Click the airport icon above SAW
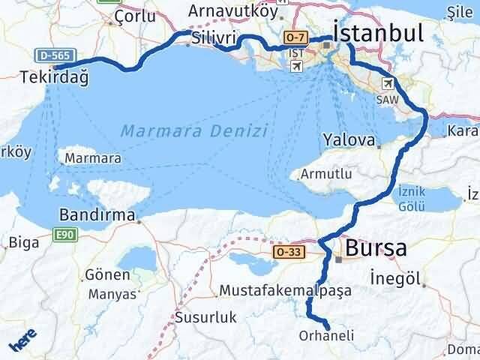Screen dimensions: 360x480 point(388,83)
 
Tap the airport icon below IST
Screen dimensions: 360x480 point(297,67)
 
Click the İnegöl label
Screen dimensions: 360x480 point(397,279)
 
